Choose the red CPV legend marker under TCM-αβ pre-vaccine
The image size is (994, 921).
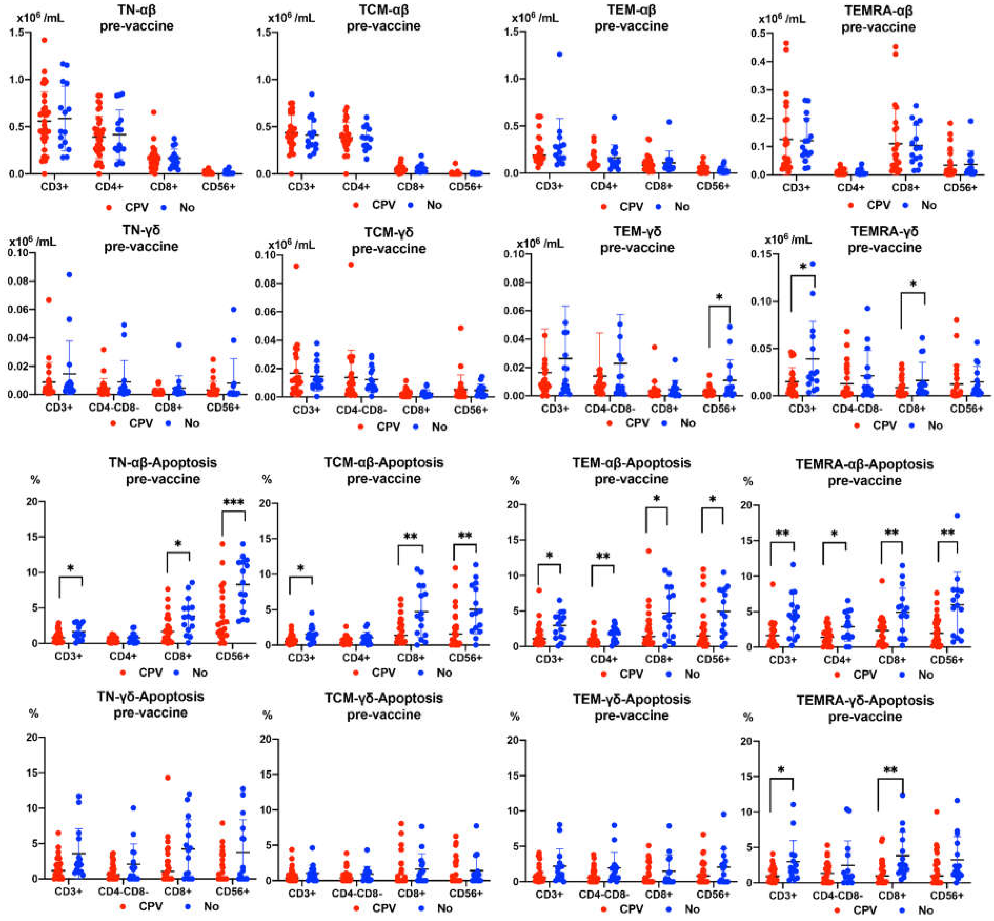(x=356, y=205)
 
